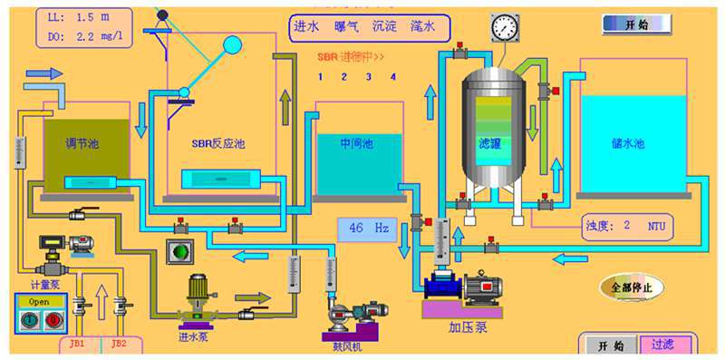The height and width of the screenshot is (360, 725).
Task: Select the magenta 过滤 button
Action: (662, 345)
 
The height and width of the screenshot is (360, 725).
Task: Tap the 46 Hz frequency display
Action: (367, 229)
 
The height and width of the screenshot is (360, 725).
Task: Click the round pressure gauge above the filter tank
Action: (502, 28)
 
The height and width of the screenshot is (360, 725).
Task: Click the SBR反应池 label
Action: (218, 143)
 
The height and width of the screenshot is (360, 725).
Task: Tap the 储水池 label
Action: (627, 143)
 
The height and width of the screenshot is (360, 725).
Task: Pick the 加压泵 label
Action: (469, 327)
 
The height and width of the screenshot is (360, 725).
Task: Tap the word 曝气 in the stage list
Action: (347, 27)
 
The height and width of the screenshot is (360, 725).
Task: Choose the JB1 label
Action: (78, 344)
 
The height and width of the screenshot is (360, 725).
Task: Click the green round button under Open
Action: (29, 321)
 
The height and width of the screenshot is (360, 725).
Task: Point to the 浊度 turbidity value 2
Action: (626, 225)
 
